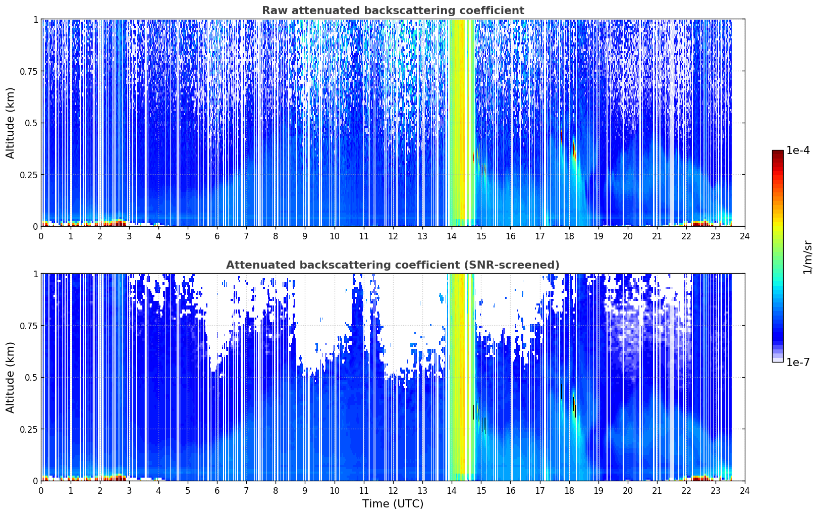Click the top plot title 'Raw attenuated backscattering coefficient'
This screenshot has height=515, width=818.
pyautogui.click(x=393, y=10)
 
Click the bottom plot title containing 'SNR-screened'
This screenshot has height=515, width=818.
pyautogui.click(x=393, y=265)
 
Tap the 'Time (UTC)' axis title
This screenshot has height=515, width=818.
pyautogui.click(x=393, y=504)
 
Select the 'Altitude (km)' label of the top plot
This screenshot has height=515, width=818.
pyautogui.click(x=10, y=123)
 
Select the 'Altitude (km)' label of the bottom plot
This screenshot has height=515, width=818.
pyautogui.click(x=10, y=378)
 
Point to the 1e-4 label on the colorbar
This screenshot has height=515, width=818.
pyautogui.click(x=798, y=150)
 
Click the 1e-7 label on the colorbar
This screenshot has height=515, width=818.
pyautogui.click(x=798, y=363)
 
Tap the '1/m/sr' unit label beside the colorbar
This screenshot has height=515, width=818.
pyautogui.click(x=807, y=257)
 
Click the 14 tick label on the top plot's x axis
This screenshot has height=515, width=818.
pyautogui.click(x=452, y=236)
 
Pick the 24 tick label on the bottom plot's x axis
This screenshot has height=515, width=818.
pyautogui.click(x=745, y=491)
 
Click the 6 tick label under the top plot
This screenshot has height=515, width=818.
pyautogui.click(x=217, y=236)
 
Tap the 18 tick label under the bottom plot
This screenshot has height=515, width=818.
pyautogui.click(x=569, y=491)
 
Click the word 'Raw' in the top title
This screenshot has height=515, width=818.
pyautogui.click(x=275, y=10)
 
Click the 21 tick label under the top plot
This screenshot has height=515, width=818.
pyautogui.click(x=657, y=236)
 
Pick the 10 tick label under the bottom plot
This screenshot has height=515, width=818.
pyautogui.click(x=335, y=491)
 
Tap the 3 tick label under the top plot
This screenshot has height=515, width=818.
pyautogui.click(x=129, y=236)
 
